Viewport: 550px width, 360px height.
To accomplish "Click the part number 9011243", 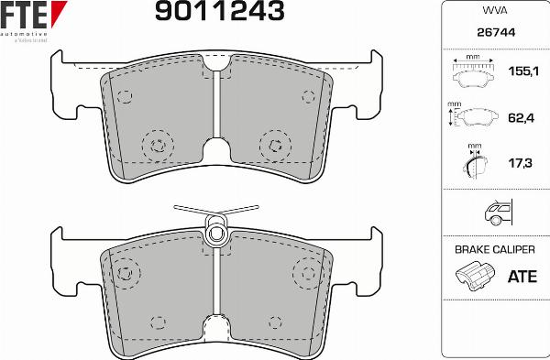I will (219, 12).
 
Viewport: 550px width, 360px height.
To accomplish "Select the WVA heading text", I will (494, 11).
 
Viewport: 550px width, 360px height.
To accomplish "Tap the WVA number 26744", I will (494, 32).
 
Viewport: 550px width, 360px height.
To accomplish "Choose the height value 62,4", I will (521, 116).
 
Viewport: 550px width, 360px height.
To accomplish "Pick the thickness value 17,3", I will (521, 163).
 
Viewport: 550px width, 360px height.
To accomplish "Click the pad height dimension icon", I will (475, 117).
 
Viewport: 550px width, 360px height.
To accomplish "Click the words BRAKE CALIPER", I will (495, 249).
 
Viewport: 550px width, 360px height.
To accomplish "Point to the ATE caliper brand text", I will (521, 275).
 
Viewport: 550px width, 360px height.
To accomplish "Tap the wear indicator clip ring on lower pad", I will (216, 232).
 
